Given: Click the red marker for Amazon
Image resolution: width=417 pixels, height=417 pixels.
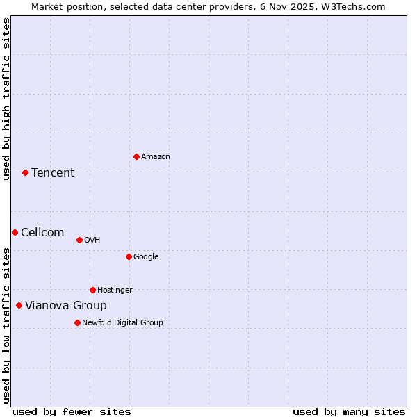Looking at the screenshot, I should (x=136, y=156).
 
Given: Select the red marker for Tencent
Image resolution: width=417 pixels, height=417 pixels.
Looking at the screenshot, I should (x=25, y=172).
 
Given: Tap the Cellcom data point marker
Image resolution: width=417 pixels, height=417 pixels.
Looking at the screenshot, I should (x=15, y=232).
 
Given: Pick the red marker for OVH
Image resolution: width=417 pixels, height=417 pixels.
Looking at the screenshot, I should (x=79, y=240).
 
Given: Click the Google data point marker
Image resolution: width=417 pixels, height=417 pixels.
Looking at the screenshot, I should (x=129, y=256).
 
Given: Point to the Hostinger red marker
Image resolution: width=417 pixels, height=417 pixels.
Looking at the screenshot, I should (x=92, y=290).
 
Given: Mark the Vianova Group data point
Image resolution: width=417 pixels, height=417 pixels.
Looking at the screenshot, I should (x=19, y=305).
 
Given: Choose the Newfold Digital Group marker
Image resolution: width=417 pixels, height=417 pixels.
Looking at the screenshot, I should (x=77, y=322).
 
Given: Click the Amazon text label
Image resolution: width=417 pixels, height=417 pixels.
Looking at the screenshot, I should (x=156, y=157).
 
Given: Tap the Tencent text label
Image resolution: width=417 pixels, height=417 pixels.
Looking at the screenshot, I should (x=53, y=173).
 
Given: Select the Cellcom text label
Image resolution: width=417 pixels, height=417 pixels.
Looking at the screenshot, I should (x=42, y=233).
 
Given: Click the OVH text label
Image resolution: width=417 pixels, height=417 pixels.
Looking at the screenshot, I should (x=92, y=240).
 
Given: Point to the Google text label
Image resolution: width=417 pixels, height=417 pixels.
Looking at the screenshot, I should (x=146, y=257).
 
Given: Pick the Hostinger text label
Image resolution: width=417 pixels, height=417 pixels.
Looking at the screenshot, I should (x=115, y=291).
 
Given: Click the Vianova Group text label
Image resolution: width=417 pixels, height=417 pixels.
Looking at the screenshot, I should (x=66, y=306).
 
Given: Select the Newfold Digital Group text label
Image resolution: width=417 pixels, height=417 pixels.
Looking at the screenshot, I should (x=122, y=323).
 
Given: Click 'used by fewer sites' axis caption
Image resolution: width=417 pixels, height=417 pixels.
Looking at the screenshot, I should (x=72, y=411).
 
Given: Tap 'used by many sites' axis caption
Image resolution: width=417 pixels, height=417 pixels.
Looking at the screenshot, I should (x=349, y=411).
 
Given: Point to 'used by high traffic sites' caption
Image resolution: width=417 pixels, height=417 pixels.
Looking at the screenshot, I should (x=6, y=99).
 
